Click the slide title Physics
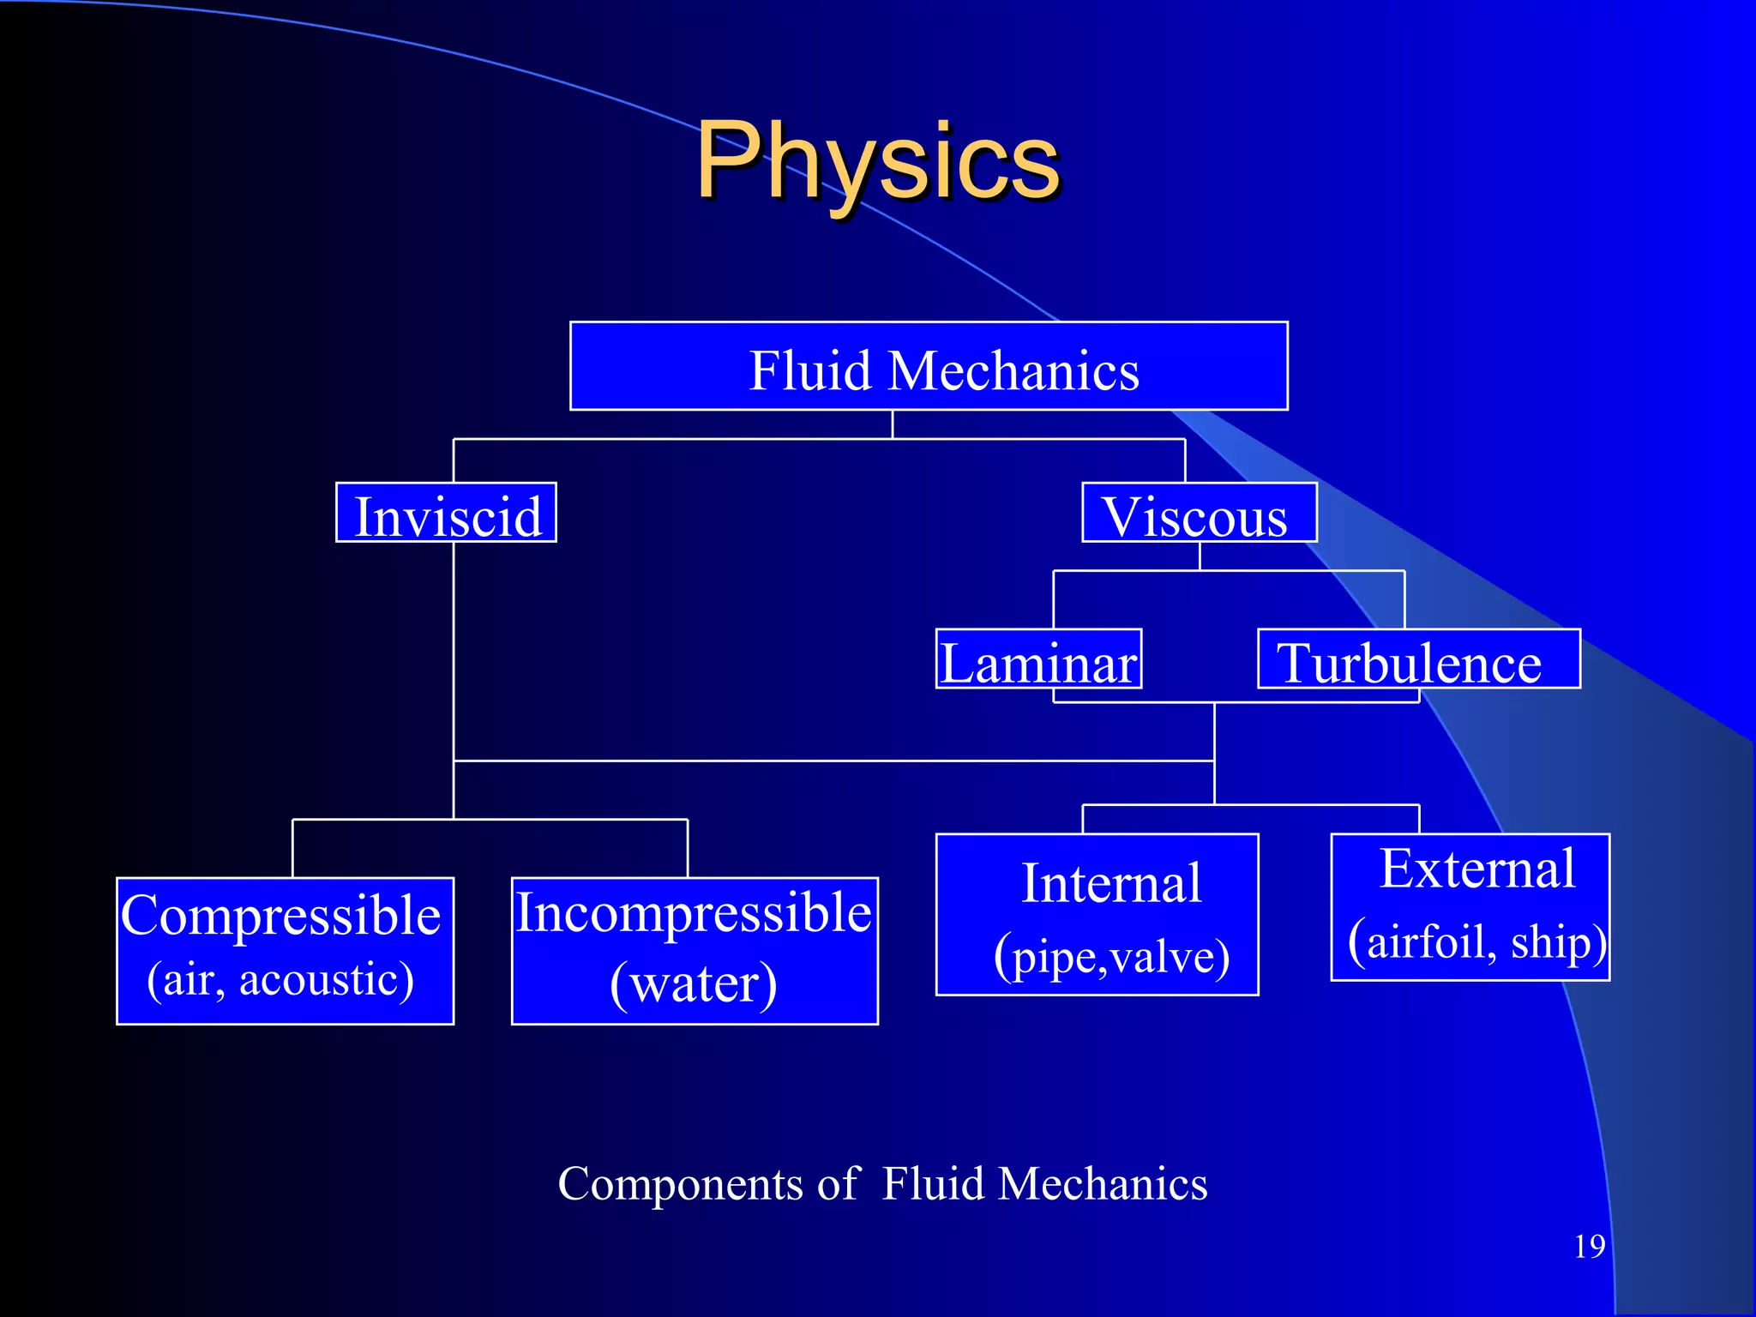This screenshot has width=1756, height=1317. point(878,161)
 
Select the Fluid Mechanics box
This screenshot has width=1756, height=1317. point(929,367)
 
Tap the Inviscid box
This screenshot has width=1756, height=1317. point(446,514)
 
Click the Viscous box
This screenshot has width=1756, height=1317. point(1199,514)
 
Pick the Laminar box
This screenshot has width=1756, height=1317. point(1038,659)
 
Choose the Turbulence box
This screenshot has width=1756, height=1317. point(1418,659)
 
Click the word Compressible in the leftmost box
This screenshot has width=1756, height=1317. point(280,916)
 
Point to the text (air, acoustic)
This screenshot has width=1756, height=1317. point(280,980)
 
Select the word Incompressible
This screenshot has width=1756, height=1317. point(694,912)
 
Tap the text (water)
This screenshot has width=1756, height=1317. point(694,983)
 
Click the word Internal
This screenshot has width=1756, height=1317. point(1111,884)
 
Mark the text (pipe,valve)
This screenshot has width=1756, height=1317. point(1111,956)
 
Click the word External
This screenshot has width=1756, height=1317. point(1476,869)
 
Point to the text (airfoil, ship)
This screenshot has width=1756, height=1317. point(1476,942)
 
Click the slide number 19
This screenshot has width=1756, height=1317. point(1589,1247)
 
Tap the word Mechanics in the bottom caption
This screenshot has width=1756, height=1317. point(1103,1185)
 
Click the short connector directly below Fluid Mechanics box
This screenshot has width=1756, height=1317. point(893,424)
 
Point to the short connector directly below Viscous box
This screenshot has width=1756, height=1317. point(1200,556)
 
